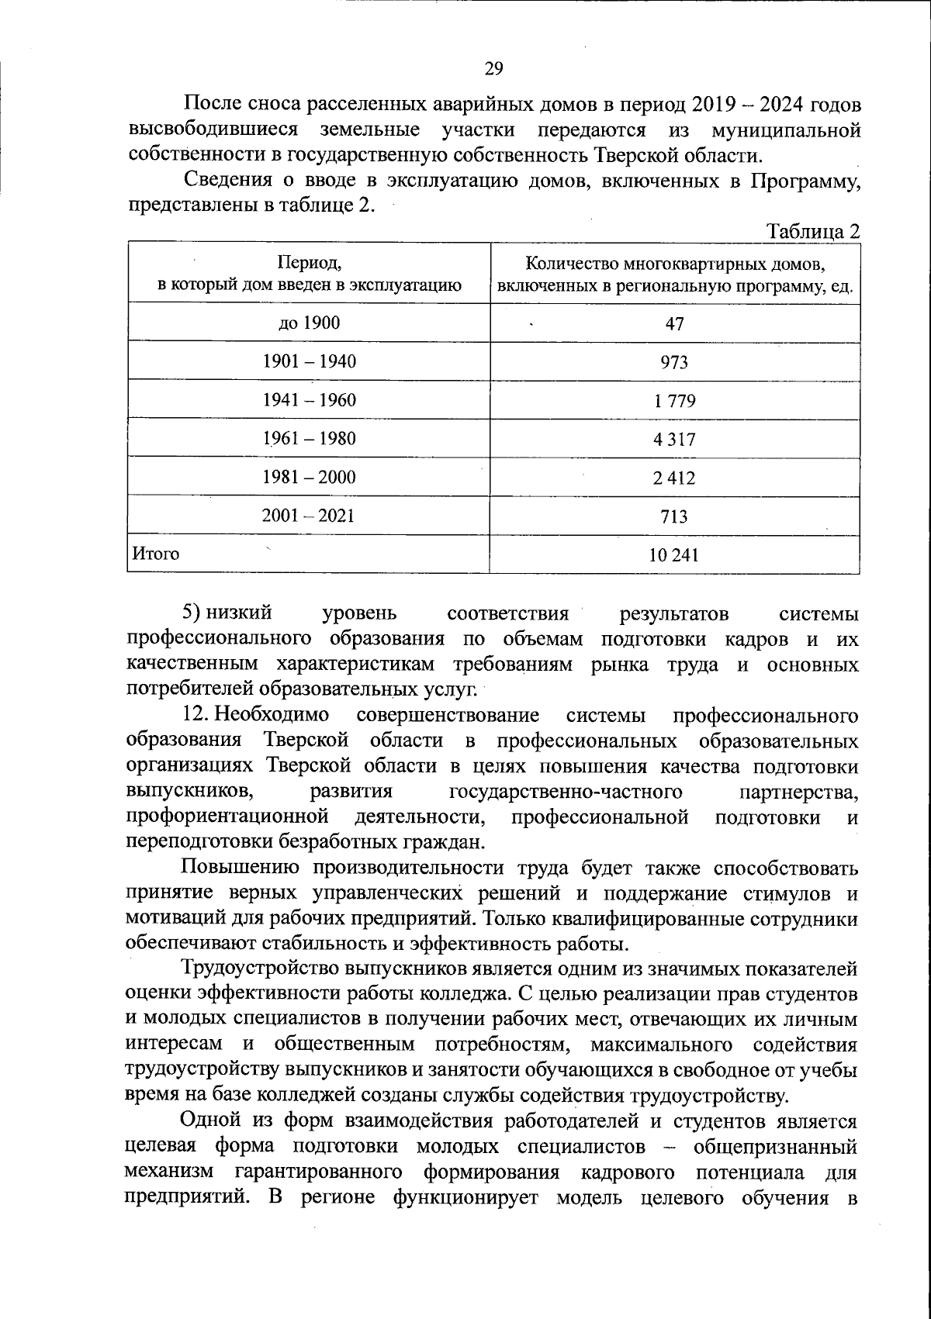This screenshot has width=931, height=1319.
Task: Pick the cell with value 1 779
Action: click(674, 401)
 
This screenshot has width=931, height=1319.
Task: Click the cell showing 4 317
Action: click(674, 440)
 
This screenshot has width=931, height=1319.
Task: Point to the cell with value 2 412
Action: click(674, 478)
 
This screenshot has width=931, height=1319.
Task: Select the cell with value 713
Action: click(674, 516)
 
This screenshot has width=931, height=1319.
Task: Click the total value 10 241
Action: click(674, 555)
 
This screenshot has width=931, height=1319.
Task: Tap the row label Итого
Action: click(156, 554)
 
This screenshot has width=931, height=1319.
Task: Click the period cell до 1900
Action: click(309, 323)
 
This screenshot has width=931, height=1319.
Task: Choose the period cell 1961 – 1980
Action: click(309, 439)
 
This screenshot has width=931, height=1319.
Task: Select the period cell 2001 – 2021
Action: click(309, 516)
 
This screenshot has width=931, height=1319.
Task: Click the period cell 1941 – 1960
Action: click(309, 400)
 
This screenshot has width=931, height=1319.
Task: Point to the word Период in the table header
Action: click(309, 263)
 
